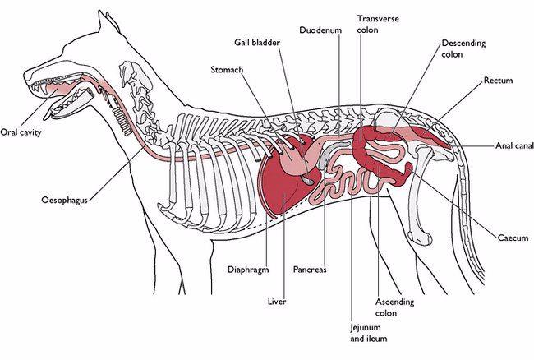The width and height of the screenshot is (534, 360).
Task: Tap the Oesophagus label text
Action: tap(65, 200)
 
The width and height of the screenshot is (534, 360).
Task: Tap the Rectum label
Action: tap(498, 81)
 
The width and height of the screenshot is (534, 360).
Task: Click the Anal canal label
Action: tap(513, 145)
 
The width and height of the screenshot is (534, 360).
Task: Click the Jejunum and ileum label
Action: tap(367, 332)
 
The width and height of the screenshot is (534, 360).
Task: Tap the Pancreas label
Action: tap(310, 269)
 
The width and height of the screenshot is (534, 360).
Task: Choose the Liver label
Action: tap(276, 302)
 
